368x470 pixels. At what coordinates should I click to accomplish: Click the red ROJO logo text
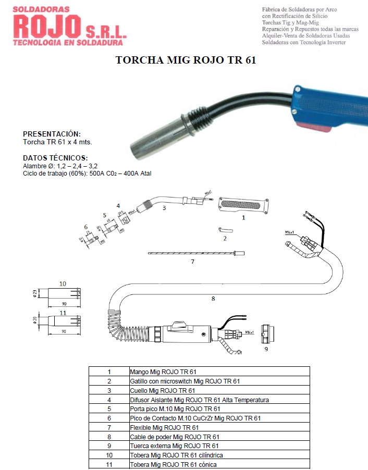coord(47,26)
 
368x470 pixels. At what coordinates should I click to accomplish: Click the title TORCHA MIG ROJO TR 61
coord(186,60)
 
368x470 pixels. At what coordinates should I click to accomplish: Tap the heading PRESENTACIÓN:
coord(52,134)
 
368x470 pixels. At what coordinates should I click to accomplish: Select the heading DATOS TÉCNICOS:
coord(55,158)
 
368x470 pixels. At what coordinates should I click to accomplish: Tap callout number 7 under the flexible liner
coord(192,262)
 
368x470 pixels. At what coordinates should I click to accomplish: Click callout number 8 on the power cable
coord(213,299)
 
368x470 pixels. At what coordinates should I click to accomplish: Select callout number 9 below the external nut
coord(266,349)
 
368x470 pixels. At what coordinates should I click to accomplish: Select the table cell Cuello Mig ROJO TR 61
coord(162,390)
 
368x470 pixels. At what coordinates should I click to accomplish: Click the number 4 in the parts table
coord(109,400)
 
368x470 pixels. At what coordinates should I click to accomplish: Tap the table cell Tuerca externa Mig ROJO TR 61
coord(174,446)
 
